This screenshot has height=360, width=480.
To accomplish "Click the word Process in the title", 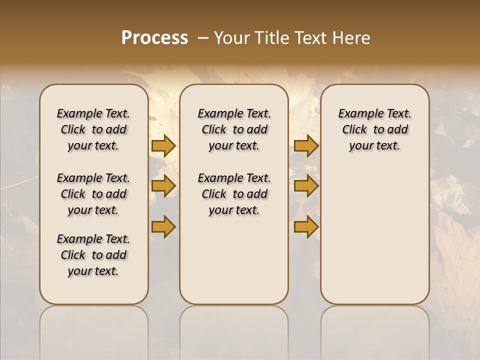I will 154,37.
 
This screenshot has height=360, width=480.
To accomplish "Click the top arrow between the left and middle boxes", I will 163,145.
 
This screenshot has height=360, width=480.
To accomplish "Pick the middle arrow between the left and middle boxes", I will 163,186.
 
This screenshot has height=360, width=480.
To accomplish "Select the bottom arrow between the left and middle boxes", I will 163,226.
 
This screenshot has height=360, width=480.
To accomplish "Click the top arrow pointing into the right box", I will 306,145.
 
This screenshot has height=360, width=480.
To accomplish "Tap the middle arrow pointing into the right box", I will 306,186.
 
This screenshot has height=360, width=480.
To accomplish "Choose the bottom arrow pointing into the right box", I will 306,226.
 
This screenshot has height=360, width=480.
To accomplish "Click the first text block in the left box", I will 93,129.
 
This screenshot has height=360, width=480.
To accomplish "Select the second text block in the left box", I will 93,194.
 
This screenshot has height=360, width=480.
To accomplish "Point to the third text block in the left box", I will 93,255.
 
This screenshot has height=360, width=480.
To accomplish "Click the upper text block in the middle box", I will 234,129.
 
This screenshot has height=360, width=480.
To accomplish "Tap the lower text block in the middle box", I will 234,194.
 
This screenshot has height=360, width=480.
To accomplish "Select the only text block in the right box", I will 374,129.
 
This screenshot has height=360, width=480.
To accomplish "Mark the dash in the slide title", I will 203,37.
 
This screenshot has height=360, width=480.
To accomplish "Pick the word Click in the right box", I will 354,130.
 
